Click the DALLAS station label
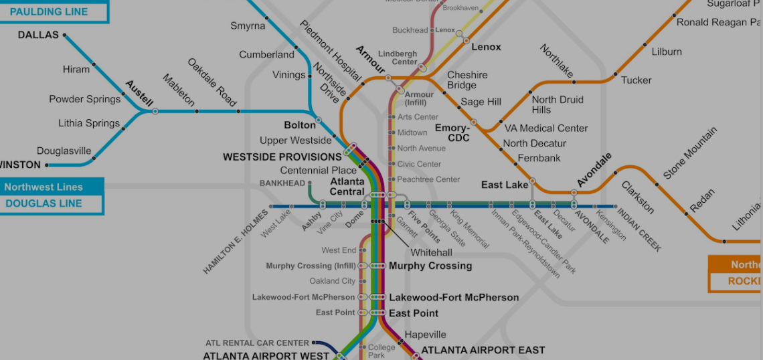[x=38, y=35]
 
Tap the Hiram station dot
[x=94, y=64]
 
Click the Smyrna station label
[x=248, y=26]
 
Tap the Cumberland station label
[x=266, y=54]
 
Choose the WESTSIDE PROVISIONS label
[x=282, y=157]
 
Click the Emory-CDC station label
[x=452, y=132]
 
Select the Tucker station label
[x=636, y=80]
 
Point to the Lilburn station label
[x=667, y=52]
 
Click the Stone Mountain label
[x=690, y=153]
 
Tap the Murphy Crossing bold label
[x=430, y=266]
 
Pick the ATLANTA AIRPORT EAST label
[x=483, y=350]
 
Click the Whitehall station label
[x=431, y=252]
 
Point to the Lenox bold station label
[x=486, y=48]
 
